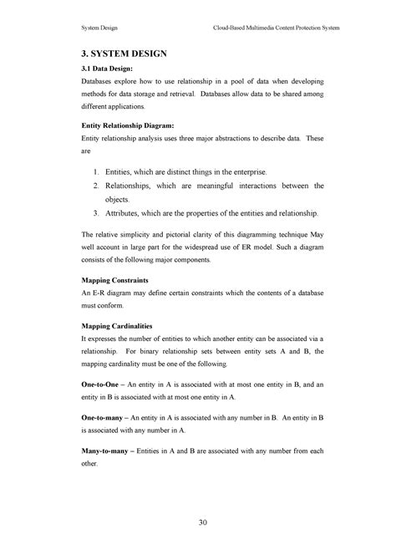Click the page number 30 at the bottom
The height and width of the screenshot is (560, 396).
tap(202, 522)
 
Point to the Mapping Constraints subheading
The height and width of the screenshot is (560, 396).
tap(114, 282)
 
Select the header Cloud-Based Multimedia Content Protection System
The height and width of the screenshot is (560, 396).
tap(278, 28)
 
